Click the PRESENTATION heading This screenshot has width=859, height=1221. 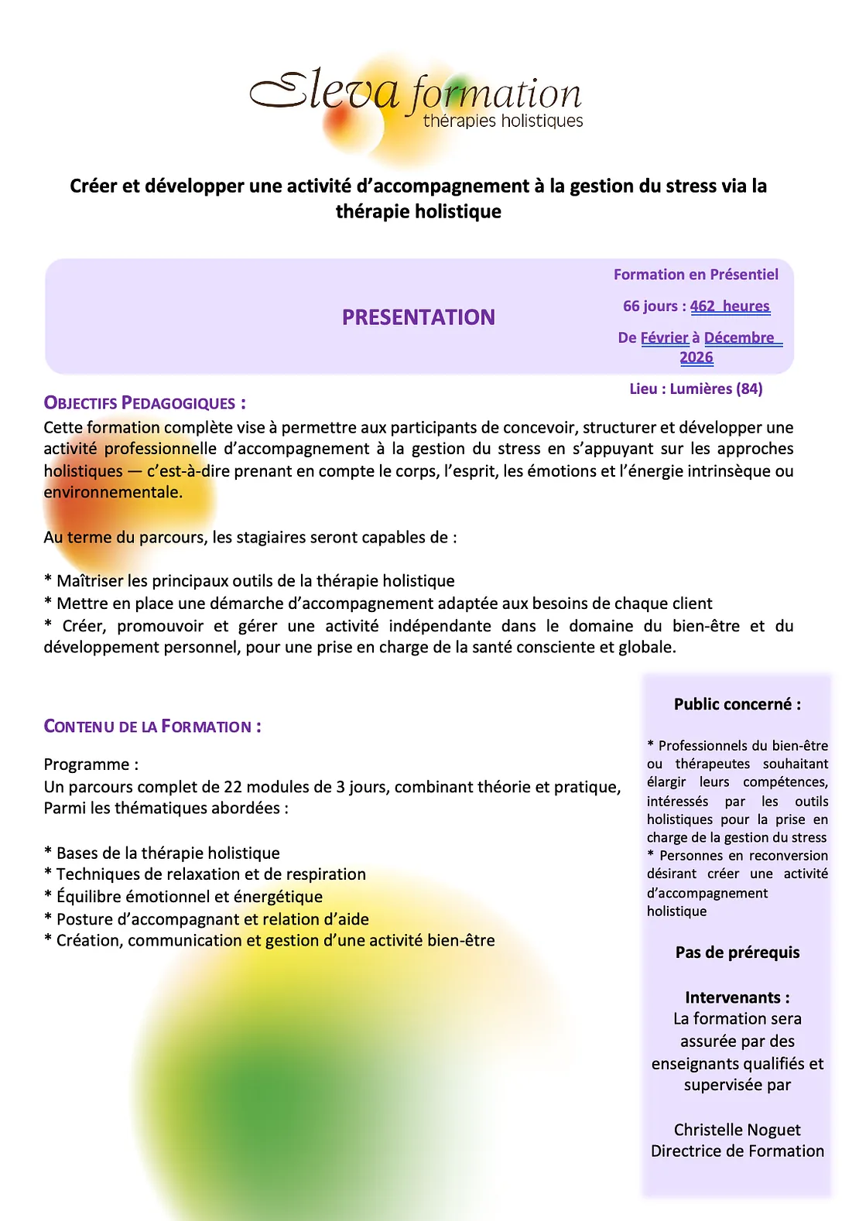(418, 317)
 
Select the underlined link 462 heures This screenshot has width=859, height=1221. (730, 306)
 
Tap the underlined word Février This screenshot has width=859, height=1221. (664, 338)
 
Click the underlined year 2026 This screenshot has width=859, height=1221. (696, 357)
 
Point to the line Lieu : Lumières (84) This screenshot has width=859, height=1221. (696, 389)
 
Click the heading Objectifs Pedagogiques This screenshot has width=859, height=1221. (145, 403)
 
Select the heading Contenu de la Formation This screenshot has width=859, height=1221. (152, 727)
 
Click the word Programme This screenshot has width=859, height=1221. (87, 764)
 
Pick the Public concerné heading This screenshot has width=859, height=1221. (737, 704)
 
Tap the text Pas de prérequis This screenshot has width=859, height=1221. (737, 953)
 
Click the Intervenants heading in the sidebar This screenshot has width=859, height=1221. (737, 997)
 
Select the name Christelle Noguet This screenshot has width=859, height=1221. (737, 1130)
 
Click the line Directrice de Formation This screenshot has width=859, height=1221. (737, 1151)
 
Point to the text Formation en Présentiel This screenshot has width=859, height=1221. (696, 275)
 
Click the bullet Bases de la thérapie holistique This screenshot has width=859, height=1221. (168, 853)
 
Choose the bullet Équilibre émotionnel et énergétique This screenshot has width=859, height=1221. (189, 897)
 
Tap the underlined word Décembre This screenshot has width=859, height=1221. (739, 338)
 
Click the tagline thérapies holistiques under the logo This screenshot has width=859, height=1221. (503, 121)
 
